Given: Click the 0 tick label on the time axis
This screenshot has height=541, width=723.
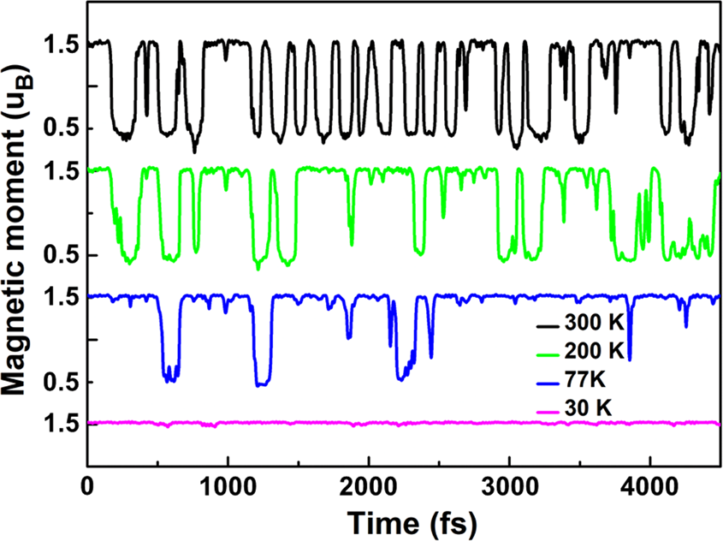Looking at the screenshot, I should (x=87, y=484).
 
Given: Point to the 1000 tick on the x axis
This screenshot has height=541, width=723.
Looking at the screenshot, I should (x=228, y=484).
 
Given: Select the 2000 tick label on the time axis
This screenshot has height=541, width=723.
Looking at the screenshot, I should (x=369, y=484).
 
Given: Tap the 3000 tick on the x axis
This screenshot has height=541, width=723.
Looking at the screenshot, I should (x=509, y=484).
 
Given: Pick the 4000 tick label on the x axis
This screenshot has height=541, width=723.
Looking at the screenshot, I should (x=650, y=484).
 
